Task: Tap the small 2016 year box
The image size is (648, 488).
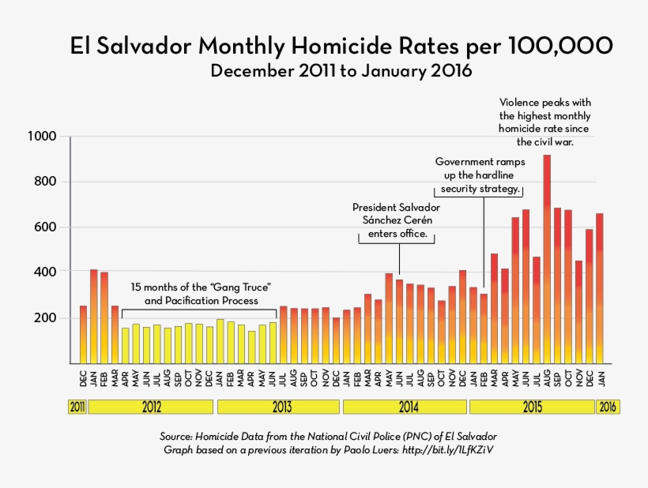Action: [x=608, y=407]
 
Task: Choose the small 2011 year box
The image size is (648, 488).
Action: [x=77, y=407]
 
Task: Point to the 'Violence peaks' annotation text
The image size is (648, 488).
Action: [x=545, y=122]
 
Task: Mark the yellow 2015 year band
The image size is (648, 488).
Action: [x=531, y=407]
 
